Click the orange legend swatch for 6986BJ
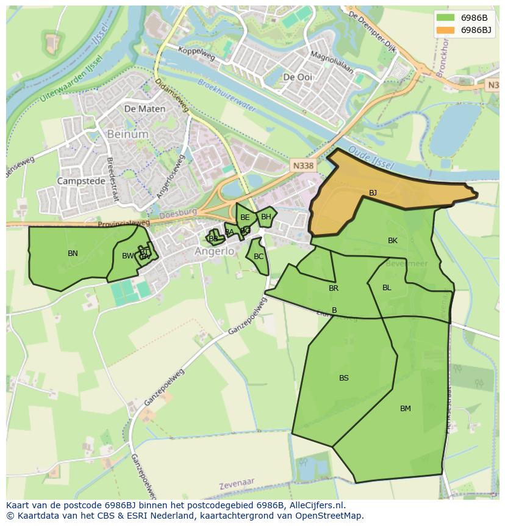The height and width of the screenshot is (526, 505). pyautogui.click(x=445, y=30)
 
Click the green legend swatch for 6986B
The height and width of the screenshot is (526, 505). pyautogui.click(x=445, y=18)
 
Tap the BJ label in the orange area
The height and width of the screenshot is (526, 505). pyautogui.click(x=373, y=193)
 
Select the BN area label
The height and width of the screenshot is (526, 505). pyautogui.click(x=73, y=254)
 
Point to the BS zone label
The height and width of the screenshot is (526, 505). pyautogui.click(x=344, y=378)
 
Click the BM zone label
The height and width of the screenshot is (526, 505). pyautogui.click(x=406, y=409)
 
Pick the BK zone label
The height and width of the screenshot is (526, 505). pyautogui.click(x=393, y=241)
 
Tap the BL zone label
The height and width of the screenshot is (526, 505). pyautogui.click(x=387, y=288)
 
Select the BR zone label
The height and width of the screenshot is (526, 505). pyautogui.click(x=334, y=288)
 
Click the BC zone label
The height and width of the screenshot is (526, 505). pyautogui.click(x=259, y=257)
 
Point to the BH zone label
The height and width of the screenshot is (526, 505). pyautogui.click(x=266, y=217)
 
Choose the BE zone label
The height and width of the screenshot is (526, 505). pyautogui.click(x=245, y=217)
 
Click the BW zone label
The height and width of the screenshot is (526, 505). pyautogui.click(x=127, y=256)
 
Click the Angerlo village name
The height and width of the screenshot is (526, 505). pyautogui.click(x=215, y=251)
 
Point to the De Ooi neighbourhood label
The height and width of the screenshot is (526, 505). pyautogui.click(x=298, y=77)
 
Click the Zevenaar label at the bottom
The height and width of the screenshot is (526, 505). pyautogui.click(x=237, y=483)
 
